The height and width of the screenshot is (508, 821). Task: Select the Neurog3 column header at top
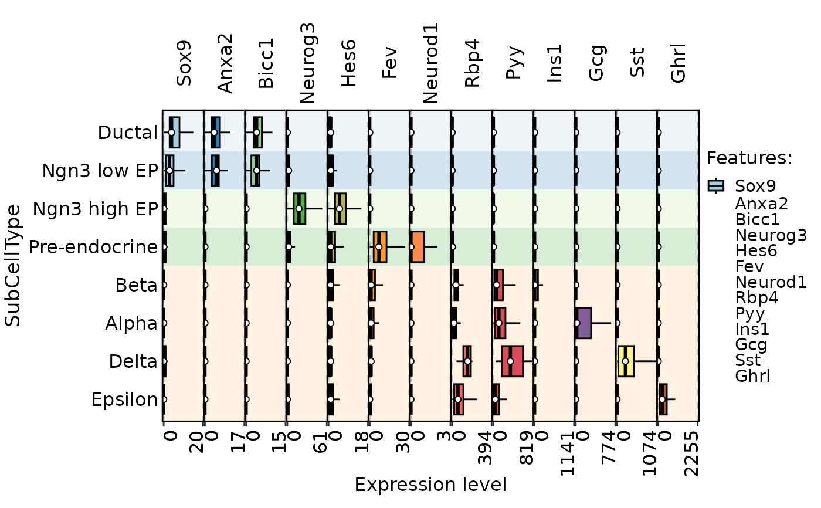point(307,63)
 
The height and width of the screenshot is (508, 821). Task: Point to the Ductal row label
point(128,133)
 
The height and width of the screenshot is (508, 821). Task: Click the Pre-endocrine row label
point(93,247)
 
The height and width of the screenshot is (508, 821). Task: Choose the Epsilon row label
point(124,399)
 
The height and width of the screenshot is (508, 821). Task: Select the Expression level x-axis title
point(430,485)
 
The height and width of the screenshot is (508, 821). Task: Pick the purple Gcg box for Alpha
point(583,323)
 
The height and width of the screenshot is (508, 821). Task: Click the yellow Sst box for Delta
point(626,361)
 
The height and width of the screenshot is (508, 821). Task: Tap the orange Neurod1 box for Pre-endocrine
point(417,246)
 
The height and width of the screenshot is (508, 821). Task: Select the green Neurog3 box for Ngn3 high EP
point(299,208)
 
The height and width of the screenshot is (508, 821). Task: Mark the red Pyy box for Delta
point(512,361)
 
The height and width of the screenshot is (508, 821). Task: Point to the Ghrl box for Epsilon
point(663,399)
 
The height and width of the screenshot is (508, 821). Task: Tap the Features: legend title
point(749,158)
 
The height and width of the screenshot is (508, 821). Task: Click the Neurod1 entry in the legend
point(771,282)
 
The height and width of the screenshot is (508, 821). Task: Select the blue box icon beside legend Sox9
point(717,186)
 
